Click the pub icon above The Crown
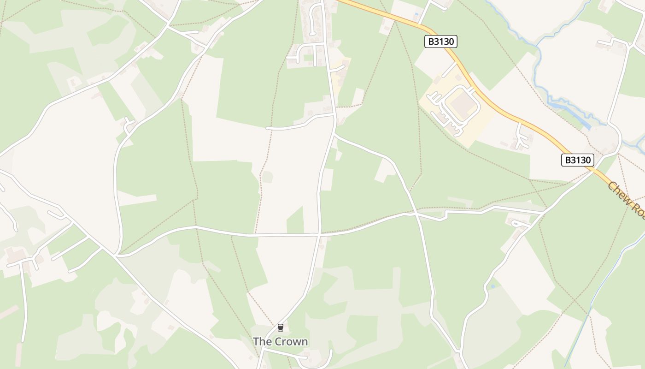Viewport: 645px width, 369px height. [280, 328]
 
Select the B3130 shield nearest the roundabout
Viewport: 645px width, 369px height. [577, 160]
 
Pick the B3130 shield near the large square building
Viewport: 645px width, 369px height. [440, 42]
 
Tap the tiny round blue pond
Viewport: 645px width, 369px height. [493, 286]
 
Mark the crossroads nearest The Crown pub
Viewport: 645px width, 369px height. [319, 235]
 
